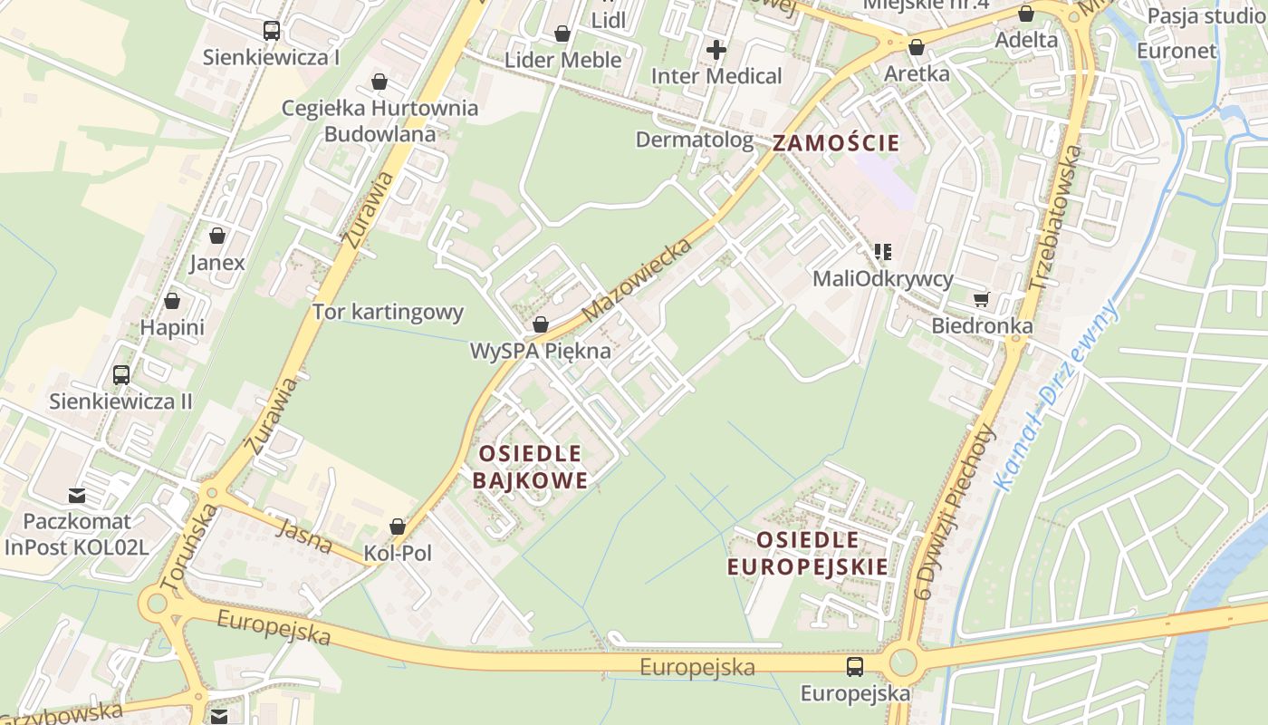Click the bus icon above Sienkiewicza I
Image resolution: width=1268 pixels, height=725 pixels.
click(x=271, y=31)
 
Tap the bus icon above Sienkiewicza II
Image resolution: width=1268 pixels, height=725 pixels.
click(x=120, y=374)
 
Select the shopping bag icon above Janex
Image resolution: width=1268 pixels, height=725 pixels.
click(x=217, y=236)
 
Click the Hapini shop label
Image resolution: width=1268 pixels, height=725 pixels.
click(x=172, y=327)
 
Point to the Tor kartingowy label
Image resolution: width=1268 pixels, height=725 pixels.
click(x=388, y=313)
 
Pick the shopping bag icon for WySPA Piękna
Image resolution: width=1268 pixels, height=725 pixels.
click(x=541, y=324)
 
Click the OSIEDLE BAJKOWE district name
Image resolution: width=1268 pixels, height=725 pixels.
click(x=530, y=466)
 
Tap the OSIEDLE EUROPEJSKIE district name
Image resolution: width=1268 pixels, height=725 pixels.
click(x=807, y=553)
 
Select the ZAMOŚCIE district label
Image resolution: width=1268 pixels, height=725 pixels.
click(x=836, y=142)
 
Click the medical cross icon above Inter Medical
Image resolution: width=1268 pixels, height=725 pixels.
click(x=716, y=49)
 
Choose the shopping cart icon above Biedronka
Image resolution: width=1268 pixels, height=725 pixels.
click(x=982, y=298)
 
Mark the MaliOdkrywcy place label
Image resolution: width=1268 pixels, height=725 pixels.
click(x=882, y=278)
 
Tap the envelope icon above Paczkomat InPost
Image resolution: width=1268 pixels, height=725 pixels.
click(x=77, y=495)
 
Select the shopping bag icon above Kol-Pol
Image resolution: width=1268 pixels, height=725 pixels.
click(x=397, y=526)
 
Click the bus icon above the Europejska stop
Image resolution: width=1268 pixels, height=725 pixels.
click(x=854, y=667)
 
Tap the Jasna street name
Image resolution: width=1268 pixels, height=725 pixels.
click(x=304, y=536)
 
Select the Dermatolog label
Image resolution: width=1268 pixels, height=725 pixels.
click(x=694, y=140)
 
